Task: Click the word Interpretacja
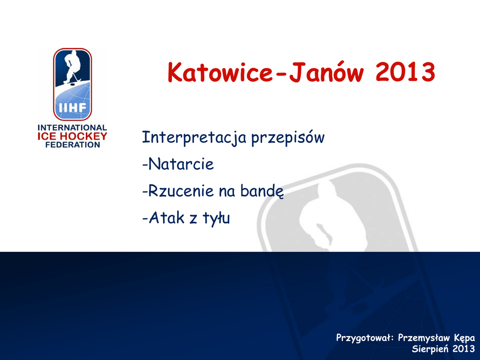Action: (194, 137)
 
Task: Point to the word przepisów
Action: (288, 138)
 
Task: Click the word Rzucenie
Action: (181, 191)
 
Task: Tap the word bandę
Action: (262, 191)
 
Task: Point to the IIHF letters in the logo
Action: (73, 108)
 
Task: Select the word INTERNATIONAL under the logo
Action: (72, 127)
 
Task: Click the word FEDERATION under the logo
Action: (73, 145)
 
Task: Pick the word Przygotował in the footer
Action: (363, 338)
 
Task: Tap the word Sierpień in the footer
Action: (430, 349)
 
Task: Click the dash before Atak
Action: (145, 218)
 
